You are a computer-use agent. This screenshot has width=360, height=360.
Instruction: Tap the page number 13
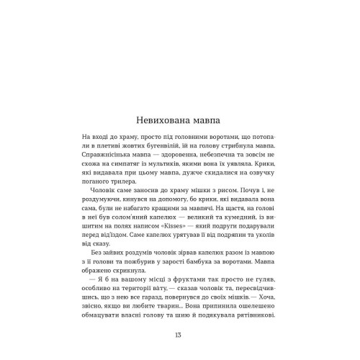pyautogui.click(x=179, y=333)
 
